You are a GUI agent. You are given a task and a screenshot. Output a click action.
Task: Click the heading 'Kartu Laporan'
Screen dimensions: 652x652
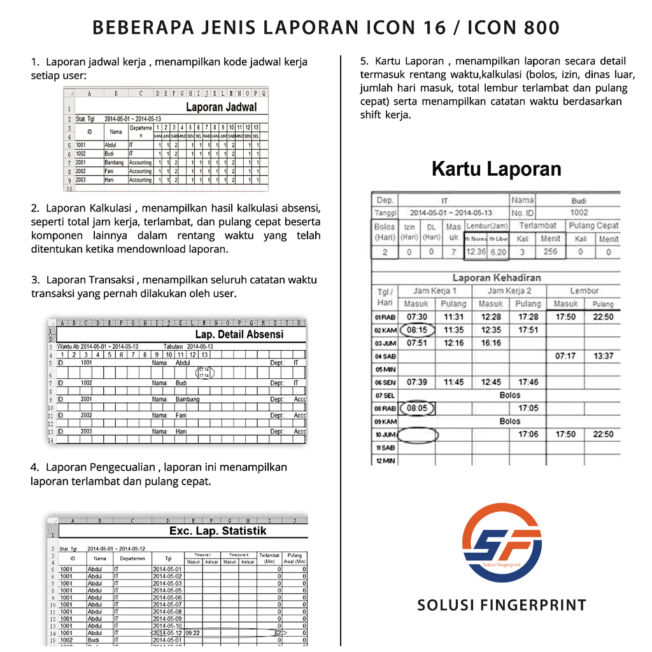496,169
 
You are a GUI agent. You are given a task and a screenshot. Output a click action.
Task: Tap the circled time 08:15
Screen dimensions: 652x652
417,330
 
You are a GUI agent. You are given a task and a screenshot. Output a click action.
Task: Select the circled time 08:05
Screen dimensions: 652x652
417,408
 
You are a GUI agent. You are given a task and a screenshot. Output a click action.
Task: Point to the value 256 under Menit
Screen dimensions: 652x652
550,252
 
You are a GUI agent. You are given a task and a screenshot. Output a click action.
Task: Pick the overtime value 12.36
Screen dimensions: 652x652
476,252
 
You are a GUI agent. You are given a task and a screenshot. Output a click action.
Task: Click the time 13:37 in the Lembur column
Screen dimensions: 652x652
603,356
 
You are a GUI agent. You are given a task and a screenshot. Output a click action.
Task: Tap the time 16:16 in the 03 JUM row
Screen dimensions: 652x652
491,343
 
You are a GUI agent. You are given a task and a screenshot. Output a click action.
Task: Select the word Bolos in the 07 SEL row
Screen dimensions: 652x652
510,395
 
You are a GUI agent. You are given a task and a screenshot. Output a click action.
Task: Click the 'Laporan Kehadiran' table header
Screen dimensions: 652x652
497,278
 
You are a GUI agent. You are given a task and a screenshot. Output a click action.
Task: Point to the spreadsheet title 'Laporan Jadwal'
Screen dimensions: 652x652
221,107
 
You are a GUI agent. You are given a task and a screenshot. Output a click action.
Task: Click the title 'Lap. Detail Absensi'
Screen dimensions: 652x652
239,334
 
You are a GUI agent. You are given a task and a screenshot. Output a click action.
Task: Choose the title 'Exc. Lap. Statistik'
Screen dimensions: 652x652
218,531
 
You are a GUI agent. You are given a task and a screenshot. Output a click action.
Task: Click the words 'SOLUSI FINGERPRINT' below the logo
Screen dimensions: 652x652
501,605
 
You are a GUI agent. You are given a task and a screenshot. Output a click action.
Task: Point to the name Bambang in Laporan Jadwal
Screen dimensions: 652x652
115,163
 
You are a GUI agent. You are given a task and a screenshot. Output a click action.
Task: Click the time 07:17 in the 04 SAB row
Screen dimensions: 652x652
565,356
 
